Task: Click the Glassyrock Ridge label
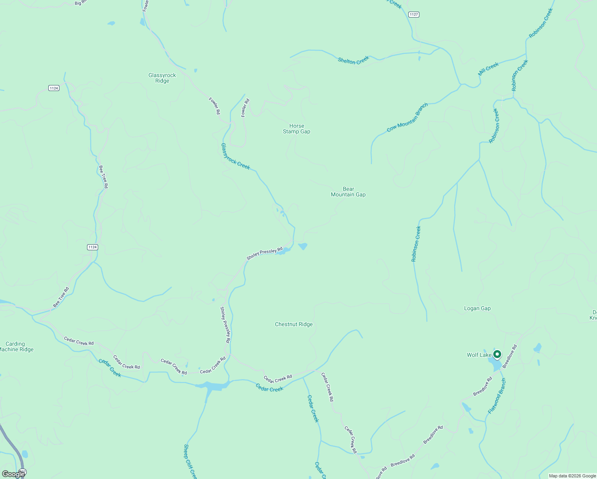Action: [x=162, y=78]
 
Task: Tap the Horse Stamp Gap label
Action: [x=297, y=129]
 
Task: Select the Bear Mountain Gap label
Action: [x=348, y=192]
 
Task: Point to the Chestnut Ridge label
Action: [x=294, y=324]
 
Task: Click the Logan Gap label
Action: [x=477, y=308]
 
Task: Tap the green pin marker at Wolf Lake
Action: [x=497, y=354]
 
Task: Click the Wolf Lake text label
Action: [x=479, y=355]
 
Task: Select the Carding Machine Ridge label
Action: [x=16, y=346]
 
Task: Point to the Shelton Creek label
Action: [x=354, y=60]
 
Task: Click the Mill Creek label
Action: [x=488, y=69]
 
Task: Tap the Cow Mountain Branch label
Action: [x=407, y=117]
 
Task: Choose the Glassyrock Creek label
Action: [x=235, y=156]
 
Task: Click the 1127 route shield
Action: [x=414, y=14]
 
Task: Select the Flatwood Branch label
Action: [x=497, y=396]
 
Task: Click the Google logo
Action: [x=13, y=474]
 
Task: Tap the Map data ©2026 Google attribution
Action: [x=572, y=476]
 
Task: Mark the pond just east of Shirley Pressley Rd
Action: [x=303, y=246]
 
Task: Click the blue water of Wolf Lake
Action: [x=497, y=365]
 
